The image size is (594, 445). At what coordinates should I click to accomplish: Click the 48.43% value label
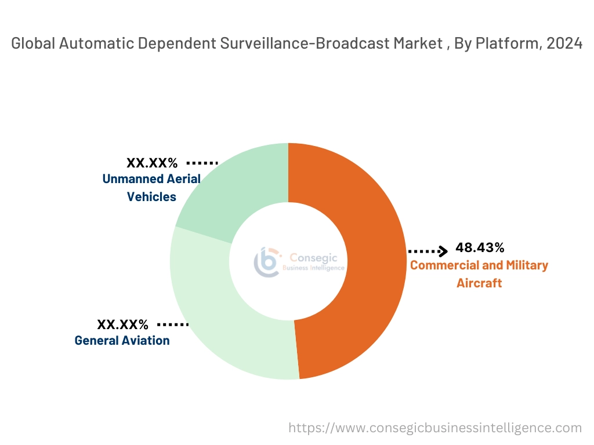click(480, 248)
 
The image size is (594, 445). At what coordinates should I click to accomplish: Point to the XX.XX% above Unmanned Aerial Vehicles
click(152, 163)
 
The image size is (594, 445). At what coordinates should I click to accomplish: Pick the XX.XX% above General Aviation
click(122, 324)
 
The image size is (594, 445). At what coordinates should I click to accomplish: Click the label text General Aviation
click(122, 341)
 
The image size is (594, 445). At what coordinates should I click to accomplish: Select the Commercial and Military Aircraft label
click(479, 274)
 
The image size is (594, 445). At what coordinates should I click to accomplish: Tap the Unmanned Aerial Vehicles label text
click(151, 188)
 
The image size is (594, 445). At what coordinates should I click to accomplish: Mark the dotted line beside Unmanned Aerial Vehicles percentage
click(202, 163)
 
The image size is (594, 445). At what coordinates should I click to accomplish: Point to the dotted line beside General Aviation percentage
click(173, 324)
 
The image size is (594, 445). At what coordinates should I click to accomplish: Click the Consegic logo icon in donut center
click(267, 262)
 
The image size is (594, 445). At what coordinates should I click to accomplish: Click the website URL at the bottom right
click(435, 428)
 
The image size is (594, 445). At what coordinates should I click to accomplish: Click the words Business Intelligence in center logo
click(313, 268)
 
